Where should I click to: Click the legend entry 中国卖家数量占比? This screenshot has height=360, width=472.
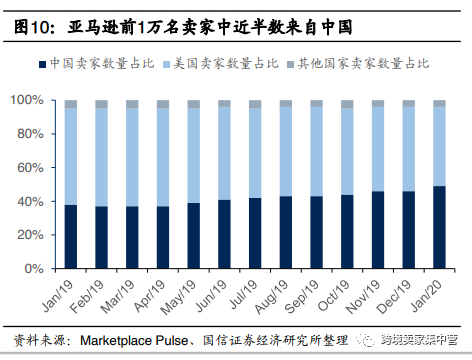90,64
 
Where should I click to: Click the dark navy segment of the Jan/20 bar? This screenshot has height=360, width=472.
439,228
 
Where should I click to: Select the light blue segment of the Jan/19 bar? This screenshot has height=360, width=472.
71,156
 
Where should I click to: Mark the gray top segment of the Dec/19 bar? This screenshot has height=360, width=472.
408,104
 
